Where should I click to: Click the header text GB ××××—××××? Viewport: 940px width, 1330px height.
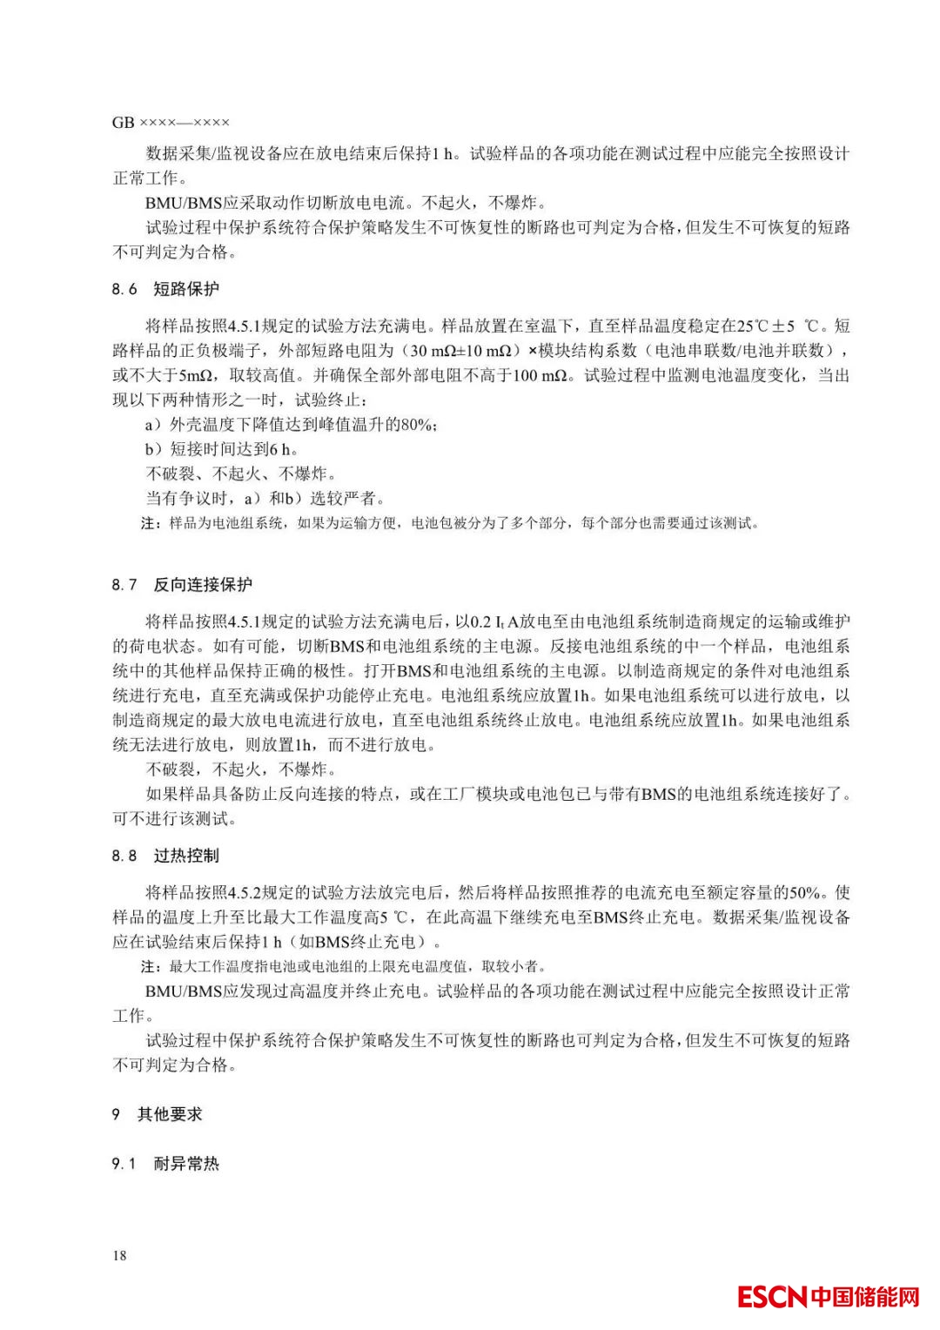[171, 123]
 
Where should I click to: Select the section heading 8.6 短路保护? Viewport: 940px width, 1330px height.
[165, 289]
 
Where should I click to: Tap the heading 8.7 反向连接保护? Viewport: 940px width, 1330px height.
[182, 585]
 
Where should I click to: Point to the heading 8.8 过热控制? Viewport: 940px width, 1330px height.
[165, 856]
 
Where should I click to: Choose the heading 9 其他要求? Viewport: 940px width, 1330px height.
[157, 1114]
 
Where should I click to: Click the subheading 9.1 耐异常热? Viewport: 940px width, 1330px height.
[165, 1164]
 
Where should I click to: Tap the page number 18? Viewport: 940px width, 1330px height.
[119, 1255]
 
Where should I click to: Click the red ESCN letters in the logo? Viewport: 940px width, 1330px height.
[772, 1297]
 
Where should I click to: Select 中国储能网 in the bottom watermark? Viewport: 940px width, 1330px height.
[865, 1297]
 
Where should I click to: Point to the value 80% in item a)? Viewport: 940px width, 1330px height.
[417, 425]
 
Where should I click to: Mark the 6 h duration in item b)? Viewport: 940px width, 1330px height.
[280, 449]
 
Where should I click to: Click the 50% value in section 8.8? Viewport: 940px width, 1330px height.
[804, 892]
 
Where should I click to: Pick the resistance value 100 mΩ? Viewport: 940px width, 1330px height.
[539, 376]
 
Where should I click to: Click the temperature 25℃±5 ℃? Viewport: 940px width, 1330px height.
[778, 326]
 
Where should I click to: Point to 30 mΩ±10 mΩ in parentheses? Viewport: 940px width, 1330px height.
[460, 351]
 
